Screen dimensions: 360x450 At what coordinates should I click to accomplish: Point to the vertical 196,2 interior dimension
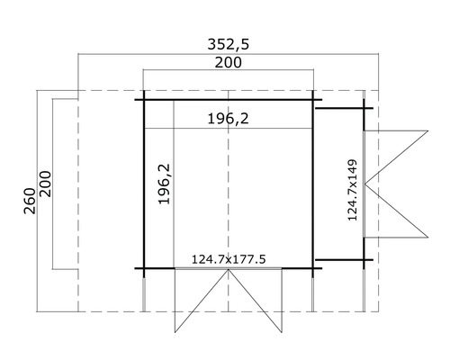164,184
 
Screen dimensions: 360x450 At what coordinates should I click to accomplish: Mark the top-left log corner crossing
143,99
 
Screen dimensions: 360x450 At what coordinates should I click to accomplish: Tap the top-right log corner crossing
313,99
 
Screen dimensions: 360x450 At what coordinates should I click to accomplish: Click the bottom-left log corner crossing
143,268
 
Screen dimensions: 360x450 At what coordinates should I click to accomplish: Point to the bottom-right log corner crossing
313,268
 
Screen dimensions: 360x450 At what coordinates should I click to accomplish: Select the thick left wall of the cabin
143,184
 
